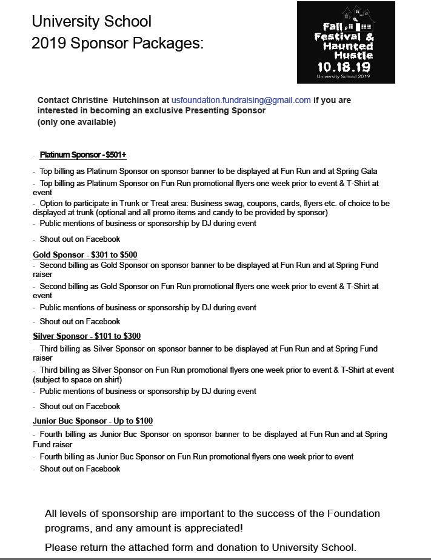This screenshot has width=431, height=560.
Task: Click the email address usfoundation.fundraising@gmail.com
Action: tap(241, 100)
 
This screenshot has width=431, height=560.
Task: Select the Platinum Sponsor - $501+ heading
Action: tap(83, 155)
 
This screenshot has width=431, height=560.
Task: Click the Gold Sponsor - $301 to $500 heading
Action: tap(85, 255)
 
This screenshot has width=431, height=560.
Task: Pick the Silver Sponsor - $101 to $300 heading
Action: tap(87, 336)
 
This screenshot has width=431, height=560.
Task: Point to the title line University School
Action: tap(92, 22)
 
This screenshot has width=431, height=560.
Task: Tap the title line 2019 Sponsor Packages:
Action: tap(118, 42)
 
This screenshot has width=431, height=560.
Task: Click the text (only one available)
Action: tap(76, 122)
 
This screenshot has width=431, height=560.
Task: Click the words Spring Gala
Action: tap(356, 172)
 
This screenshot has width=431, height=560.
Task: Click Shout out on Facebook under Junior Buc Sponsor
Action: tap(80, 468)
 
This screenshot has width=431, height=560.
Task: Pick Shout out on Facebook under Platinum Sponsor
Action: tap(80, 239)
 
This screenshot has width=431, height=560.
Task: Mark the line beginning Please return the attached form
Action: tap(205, 547)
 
